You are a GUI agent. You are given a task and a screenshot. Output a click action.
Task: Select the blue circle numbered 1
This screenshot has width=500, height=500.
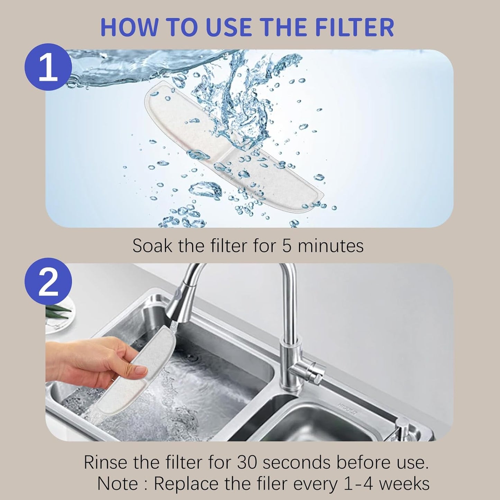point(48,67)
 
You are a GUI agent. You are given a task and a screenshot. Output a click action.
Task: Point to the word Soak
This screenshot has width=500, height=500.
point(153,246)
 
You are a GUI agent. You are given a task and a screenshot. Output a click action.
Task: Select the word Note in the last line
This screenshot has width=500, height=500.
point(118,483)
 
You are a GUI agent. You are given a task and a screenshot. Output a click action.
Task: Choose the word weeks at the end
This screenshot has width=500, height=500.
point(408,483)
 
